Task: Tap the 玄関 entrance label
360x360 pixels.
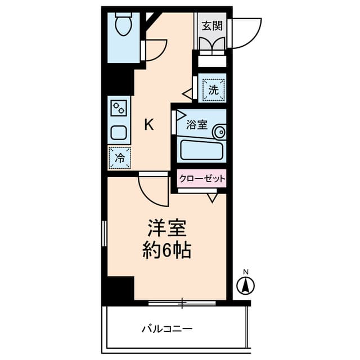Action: tap(212, 26)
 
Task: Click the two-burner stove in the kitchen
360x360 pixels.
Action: tap(119, 108)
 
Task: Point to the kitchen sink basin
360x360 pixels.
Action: tap(119, 133)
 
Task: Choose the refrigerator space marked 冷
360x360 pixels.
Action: tap(119, 158)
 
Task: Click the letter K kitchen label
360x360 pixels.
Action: tap(148, 125)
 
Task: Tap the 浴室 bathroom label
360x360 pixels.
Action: tap(197, 124)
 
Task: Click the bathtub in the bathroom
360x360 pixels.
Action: tap(201, 150)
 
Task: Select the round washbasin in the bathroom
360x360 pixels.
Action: tap(220, 132)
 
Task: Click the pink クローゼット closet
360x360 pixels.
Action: tap(202, 178)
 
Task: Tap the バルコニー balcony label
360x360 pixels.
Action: tap(167, 329)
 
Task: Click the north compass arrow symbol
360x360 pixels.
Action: tap(246, 286)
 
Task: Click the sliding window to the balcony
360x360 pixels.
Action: tap(182, 303)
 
